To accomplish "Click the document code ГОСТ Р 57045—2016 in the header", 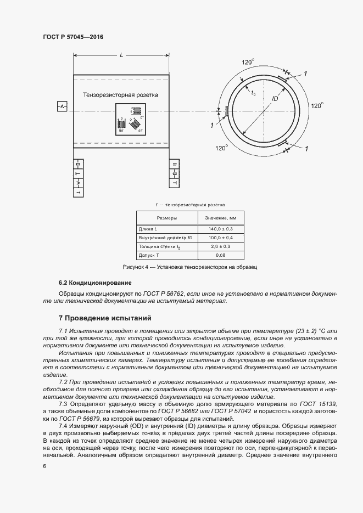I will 73,37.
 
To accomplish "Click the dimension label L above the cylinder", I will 121,55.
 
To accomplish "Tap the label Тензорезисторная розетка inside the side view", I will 120,95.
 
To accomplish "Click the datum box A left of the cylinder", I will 62,106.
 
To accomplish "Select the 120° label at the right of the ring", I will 317,105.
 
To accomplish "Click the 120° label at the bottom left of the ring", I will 221,148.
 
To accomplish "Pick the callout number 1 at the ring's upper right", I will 305,73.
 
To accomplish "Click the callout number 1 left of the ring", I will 212,126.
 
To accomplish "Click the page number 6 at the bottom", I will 44,466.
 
